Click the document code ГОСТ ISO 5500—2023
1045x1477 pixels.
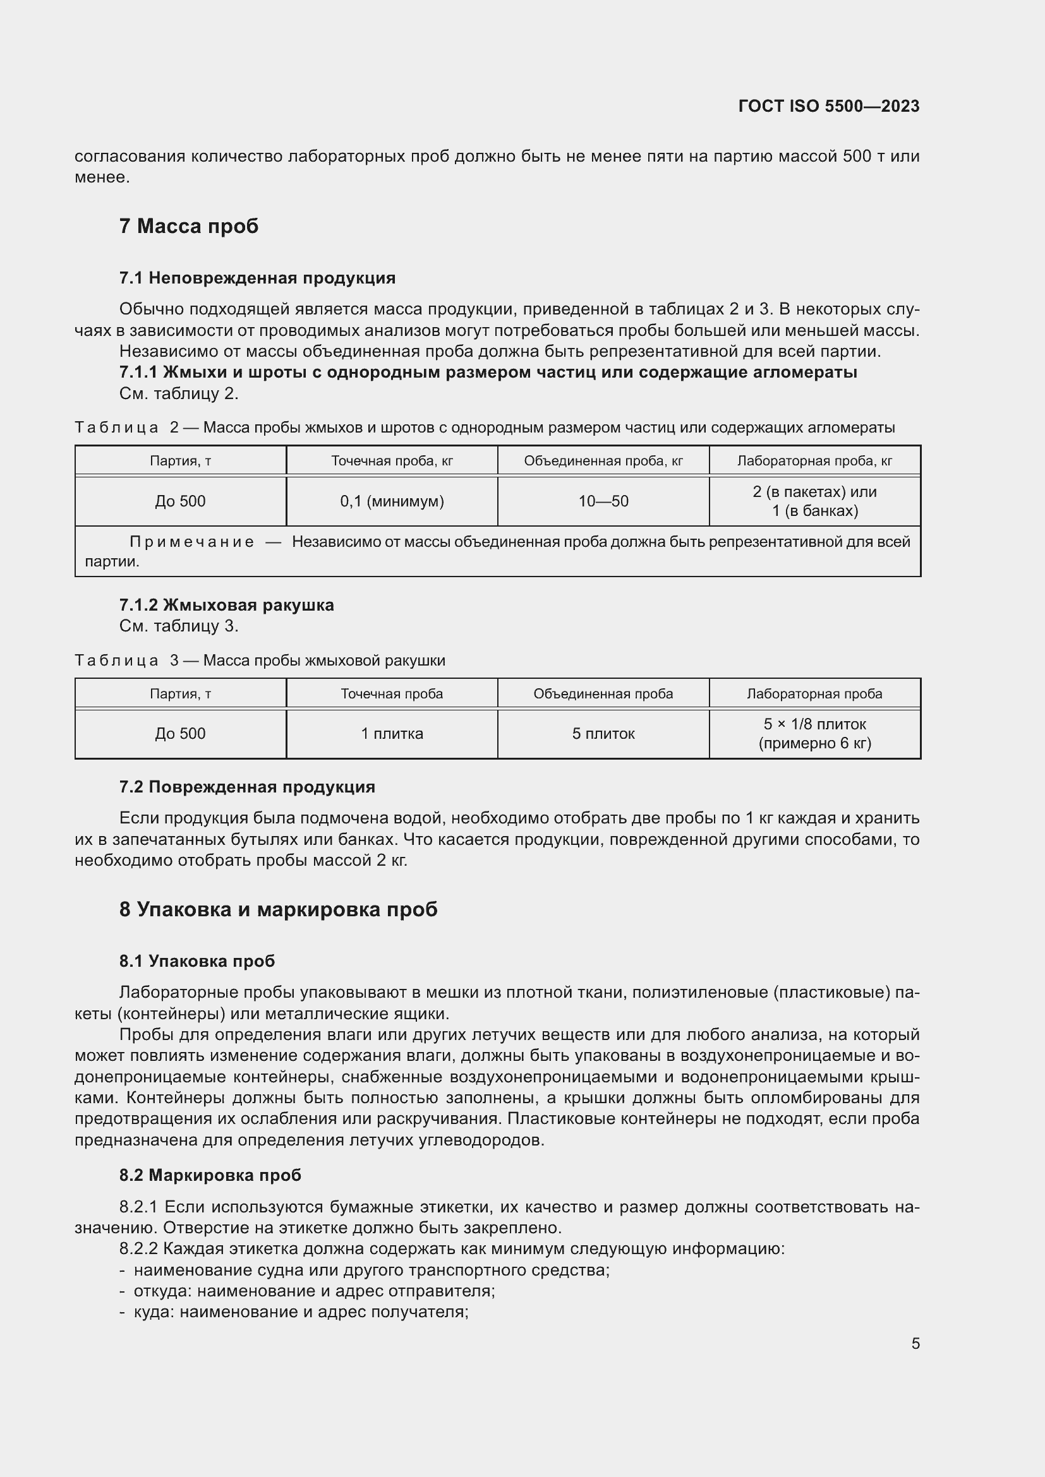(x=828, y=106)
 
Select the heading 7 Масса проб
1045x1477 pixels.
(x=188, y=227)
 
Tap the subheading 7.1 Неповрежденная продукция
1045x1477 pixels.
(x=257, y=278)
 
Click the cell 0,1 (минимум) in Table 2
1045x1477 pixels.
(x=392, y=501)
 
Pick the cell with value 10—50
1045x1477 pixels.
(x=603, y=501)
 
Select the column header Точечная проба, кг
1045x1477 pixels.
(x=392, y=460)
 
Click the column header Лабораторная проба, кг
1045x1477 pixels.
(x=814, y=460)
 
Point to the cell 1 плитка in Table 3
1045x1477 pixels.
(x=392, y=734)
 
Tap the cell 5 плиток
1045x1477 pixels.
(x=603, y=734)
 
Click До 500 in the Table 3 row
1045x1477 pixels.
(x=180, y=734)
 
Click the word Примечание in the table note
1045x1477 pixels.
(x=192, y=542)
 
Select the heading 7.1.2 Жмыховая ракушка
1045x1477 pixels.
(x=227, y=605)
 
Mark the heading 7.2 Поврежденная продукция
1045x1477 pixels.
(x=247, y=787)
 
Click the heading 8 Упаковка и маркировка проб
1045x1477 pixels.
(x=278, y=909)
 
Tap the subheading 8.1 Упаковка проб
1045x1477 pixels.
(x=197, y=961)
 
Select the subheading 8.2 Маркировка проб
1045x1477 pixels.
(x=210, y=1175)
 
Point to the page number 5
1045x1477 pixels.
(x=915, y=1344)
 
